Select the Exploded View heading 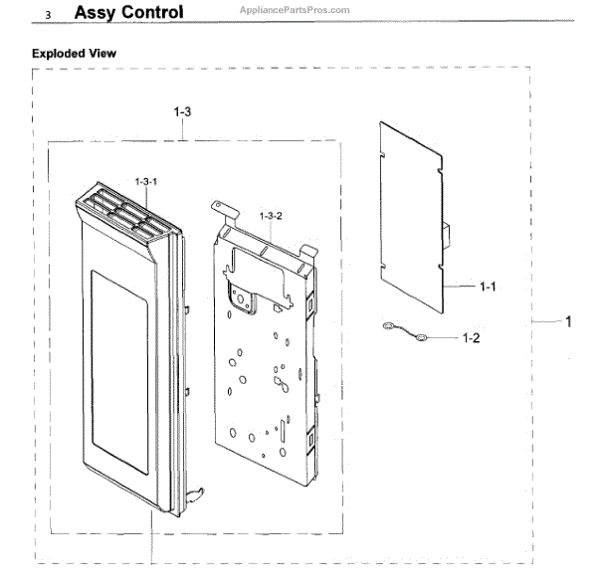click(74, 52)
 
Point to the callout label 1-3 click(182, 113)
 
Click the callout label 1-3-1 click(146, 182)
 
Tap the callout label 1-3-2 click(272, 216)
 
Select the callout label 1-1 click(487, 287)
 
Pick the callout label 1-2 click(471, 338)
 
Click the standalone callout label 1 click(568, 321)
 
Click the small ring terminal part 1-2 click(421, 338)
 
